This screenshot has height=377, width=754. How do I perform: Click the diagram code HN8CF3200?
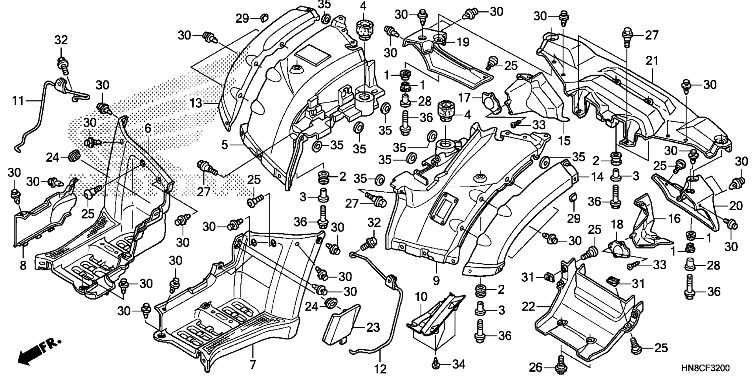705,368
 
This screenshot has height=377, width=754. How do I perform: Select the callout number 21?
652,61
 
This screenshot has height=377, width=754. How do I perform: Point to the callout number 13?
196,103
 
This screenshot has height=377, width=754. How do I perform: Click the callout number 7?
253,364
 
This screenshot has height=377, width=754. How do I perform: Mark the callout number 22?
529,306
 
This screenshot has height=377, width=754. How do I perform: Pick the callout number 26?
536,368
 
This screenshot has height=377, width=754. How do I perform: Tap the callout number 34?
458,364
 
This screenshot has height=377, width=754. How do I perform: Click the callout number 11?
18,101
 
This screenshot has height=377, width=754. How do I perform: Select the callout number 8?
23,265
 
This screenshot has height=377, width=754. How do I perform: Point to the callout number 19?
463,42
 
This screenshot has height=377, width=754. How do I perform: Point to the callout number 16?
664,218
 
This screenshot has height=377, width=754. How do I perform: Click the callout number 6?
148,128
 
